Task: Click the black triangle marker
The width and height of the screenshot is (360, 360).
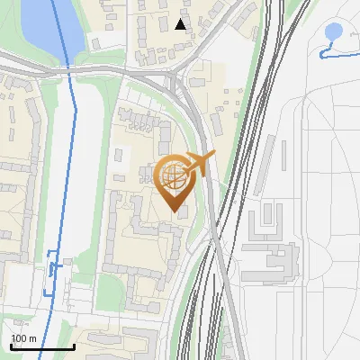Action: [181, 24]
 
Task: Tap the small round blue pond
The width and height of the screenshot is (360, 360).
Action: [333, 32]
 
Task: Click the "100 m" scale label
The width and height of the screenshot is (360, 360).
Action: [23, 338]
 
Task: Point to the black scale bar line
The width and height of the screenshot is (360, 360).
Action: [42, 346]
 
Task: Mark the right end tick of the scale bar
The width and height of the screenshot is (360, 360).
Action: [74, 346]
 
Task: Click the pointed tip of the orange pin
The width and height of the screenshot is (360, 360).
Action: [175, 211]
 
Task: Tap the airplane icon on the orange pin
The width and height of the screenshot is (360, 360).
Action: [199, 163]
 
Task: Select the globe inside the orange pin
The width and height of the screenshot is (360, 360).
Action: [174, 176]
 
